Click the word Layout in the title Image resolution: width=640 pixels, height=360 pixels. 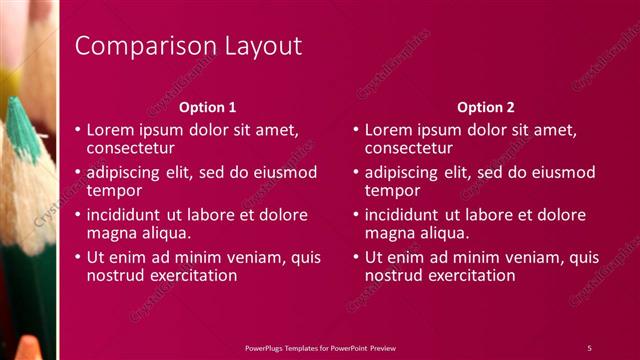[x=255, y=47]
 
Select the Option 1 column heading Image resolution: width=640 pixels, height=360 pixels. [x=208, y=107]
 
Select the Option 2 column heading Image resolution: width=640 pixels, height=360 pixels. [x=486, y=107]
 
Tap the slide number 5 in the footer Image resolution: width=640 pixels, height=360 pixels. [x=589, y=347]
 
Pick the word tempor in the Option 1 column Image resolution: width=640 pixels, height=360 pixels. [x=114, y=190]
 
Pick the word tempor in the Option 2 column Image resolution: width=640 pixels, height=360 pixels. [x=393, y=190]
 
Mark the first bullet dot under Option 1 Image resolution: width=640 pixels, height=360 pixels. [x=78, y=130]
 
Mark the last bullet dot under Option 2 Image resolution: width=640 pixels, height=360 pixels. [x=356, y=257]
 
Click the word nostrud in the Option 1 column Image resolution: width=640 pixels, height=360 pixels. [x=116, y=274]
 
